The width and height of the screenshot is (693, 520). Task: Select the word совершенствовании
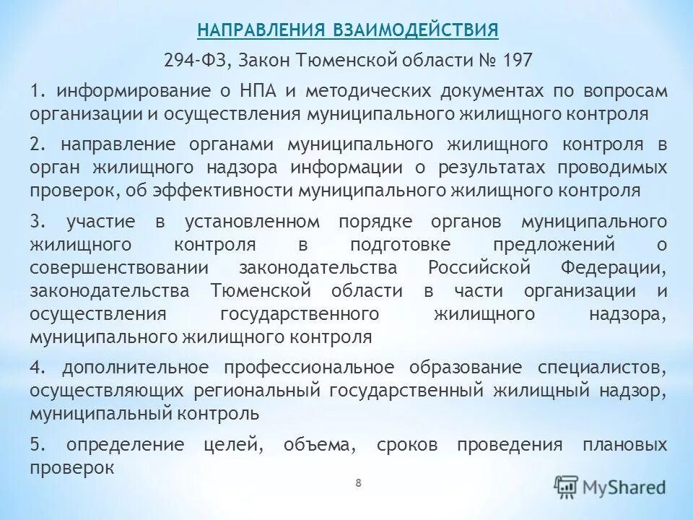[119, 268]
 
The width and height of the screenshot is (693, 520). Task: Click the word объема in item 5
[321, 444]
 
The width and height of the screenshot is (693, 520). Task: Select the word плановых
[624, 444]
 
